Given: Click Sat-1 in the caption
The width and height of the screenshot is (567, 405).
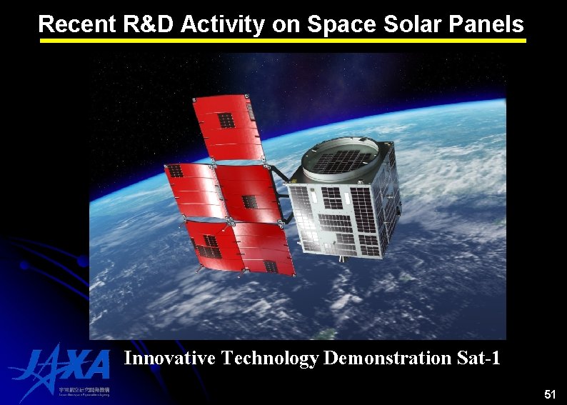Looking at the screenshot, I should point(478,357).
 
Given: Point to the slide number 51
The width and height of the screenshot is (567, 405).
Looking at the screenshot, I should point(549,394).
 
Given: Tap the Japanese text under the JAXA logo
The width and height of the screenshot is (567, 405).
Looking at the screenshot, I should point(84,391).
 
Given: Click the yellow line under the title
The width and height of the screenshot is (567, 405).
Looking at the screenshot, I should point(283,41).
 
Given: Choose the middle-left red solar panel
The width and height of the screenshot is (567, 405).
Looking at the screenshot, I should point(191,189).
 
